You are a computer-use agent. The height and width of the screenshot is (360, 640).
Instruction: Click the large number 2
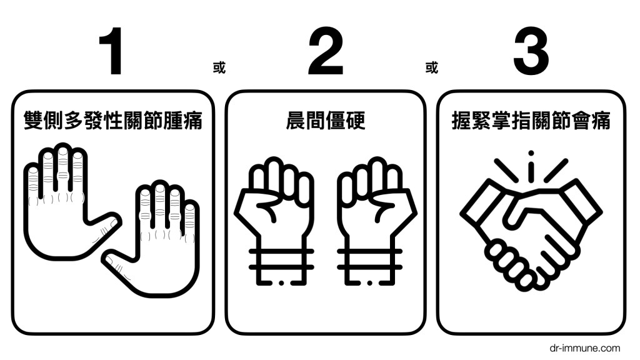pos(326,51)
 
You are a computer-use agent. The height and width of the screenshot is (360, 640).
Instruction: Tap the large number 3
pos(531,51)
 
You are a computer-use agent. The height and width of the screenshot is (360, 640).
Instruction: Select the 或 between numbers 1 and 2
pos(219,67)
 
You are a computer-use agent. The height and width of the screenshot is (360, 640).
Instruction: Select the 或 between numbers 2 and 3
pos(431,67)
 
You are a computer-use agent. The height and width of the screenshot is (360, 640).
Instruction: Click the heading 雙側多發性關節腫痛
pos(113,121)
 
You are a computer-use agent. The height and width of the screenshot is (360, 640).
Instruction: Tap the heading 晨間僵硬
pos(325,121)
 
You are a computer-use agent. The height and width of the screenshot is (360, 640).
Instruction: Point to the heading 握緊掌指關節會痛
pos(531,121)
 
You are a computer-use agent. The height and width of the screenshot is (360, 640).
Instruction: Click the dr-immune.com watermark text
pos(584,348)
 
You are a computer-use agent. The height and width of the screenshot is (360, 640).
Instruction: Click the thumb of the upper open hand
pos(104,224)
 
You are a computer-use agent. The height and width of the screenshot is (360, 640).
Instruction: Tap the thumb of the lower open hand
pos(118,265)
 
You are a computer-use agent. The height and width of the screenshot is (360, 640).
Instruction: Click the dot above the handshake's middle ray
pos(531,154)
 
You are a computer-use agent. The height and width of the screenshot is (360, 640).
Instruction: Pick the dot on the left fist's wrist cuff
pos(281,282)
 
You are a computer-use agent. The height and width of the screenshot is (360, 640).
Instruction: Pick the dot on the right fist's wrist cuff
pos(370,282)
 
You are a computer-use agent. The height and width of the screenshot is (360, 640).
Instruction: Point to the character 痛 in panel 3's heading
pos(601,121)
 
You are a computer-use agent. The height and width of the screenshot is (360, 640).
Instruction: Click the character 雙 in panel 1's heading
pos(34,121)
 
